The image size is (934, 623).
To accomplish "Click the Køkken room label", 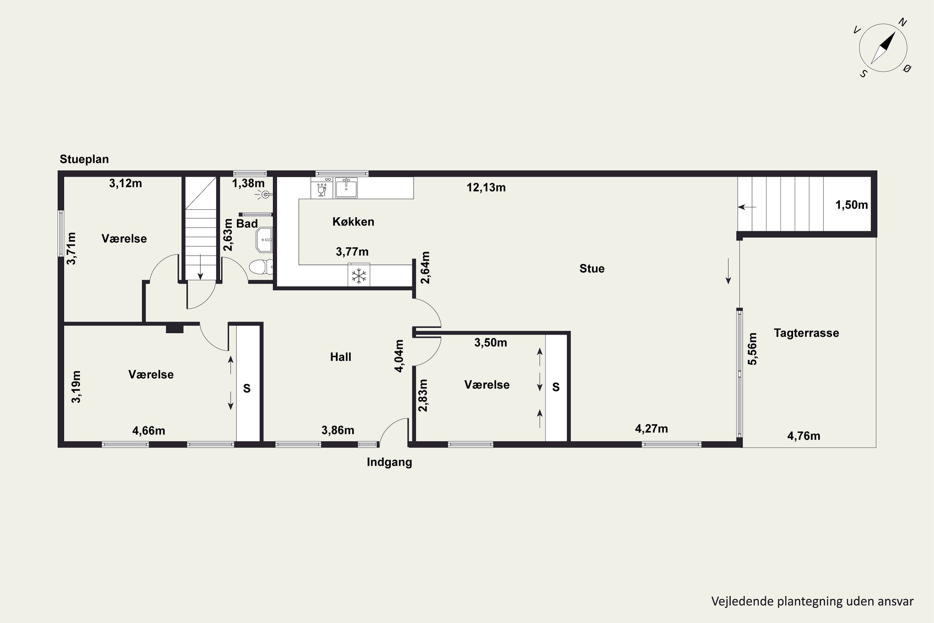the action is (353, 222).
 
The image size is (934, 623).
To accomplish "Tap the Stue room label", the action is (592, 269).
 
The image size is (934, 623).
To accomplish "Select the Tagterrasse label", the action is (806, 333).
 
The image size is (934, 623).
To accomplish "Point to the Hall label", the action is (340, 357).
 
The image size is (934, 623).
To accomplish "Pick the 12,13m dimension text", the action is (486, 188).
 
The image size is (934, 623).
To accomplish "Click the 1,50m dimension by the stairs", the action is (851, 205).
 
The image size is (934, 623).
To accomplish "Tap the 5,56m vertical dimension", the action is (752, 349).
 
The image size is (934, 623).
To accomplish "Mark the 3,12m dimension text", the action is (125, 183).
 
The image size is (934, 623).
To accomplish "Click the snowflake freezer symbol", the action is (359, 275).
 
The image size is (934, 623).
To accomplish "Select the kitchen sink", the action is (346, 187).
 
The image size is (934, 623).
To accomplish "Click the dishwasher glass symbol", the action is (322, 190).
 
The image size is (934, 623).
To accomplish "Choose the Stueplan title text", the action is (84, 159).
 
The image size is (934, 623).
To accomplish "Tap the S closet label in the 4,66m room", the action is (247, 388).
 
